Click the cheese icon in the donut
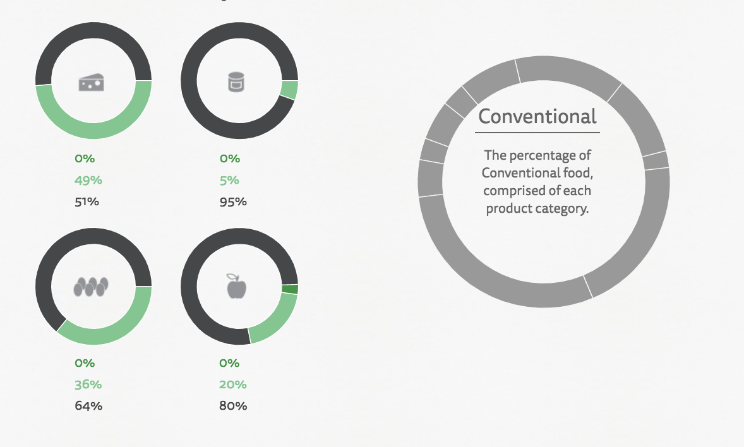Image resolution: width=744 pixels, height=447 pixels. point(91,82)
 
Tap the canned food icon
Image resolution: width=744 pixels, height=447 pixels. point(236,81)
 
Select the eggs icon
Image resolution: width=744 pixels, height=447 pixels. point(91,287)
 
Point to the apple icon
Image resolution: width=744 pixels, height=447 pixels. point(236,286)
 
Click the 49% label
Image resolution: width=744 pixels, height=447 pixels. point(88,181)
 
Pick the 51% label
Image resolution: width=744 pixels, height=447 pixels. point(87,201)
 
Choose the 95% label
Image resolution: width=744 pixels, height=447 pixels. point(233,201)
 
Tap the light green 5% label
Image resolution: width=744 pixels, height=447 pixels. point(229,181)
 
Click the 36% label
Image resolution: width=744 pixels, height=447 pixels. point(88,384)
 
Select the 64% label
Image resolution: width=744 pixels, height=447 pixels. point(88,406)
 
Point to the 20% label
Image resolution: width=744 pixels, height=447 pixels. point(233,384)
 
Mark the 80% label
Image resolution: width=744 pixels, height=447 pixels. point(233,406)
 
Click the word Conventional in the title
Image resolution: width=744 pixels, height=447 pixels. point(537,116)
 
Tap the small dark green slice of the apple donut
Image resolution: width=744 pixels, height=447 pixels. point(290,289)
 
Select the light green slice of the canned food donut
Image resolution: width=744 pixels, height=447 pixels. point(289,90)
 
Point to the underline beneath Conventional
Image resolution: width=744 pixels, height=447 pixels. point(537,133)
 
